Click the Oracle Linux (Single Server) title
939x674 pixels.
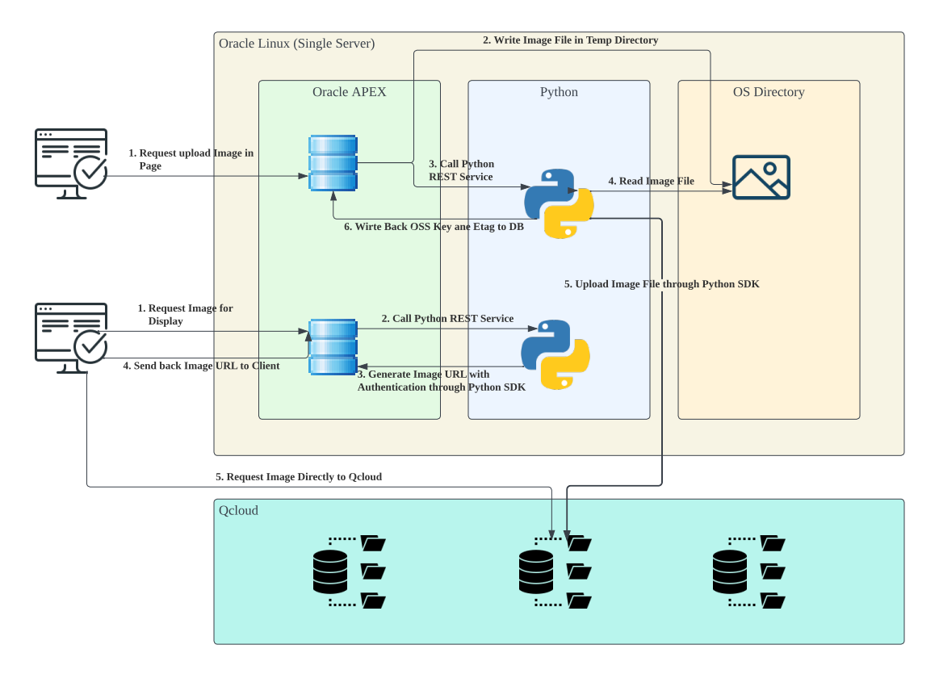click(x=296, y=44)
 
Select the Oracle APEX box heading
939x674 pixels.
click(x=349, y=92)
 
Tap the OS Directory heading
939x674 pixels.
click(x=768, y=92)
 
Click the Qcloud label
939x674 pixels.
click(x=238, y=510)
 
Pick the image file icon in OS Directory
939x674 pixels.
click(x=761, y=178)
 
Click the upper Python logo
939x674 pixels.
click(x=559, y=203)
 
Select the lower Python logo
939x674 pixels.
click(x=555, y=355)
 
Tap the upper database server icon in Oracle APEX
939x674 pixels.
click(x=333, y=163)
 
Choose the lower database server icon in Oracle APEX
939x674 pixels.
click(x=333, y=347)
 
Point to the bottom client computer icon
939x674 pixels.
click(x=72, y=337)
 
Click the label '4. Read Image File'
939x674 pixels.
click(x=651, y=182)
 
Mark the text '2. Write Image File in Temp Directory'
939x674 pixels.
click(x=570, y=40)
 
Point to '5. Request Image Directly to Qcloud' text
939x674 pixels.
click(x=298, y=477)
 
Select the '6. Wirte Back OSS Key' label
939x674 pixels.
click(x=434, y=228)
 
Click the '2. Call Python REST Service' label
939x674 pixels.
click(x=447, y=319)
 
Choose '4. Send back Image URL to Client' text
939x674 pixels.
click(x=201, y=366)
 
